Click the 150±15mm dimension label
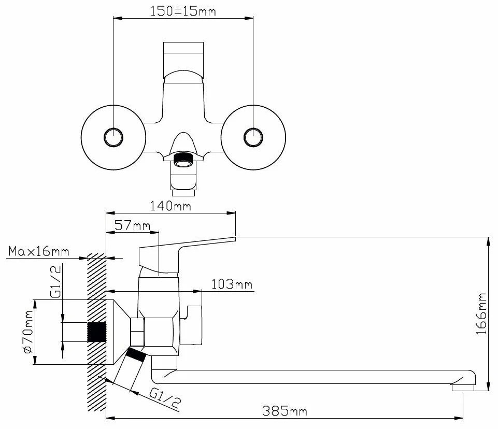[x=183, y=11]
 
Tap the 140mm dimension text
[x=170, y=206]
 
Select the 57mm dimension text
[x=133, y=225]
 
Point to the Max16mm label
[x=38, y=251]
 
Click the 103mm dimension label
[x=232, y=284]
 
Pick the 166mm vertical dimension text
[x=481, y=313]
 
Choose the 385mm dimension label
[x=284, y=411]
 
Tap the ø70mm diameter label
[x=27, y=332]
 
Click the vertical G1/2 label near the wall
[x=55, y=282]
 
